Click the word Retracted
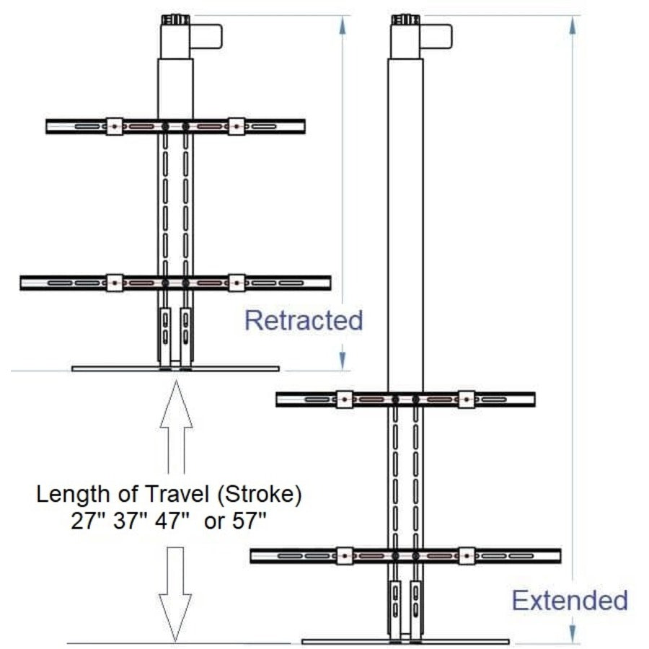(x=304, y=320)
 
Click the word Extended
(x=570, y=600)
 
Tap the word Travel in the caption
(x=170, y=495)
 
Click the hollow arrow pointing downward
(x=175, y=591)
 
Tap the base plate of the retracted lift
(x=175, y=368)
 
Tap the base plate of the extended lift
(x=405, y=641)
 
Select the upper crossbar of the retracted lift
(x=175, y=126)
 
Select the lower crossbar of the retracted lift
(x=175, y=283)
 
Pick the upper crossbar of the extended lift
(x=405, y=399)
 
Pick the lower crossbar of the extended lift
(x=405, y=556)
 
